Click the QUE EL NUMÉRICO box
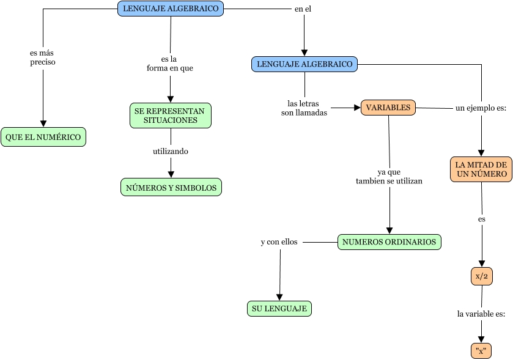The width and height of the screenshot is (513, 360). [x=43, y=138]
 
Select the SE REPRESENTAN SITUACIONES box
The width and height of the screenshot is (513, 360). [x=170, y=116]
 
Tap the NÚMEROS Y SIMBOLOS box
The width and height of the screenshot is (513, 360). [x=171, y=188]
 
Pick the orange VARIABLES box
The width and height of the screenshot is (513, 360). [x=388, y=108]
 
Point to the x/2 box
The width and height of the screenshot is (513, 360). [x=482, y=276]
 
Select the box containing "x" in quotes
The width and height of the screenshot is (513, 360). [x=481, y=351]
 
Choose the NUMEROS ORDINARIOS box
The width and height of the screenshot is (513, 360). [x=389, y=242]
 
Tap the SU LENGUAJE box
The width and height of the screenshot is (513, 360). [x=279, y=309]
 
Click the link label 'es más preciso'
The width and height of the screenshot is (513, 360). [x=42, y=57]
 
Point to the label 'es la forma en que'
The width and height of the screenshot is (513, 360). [x=170, y=64]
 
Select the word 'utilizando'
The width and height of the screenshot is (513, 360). [x=171, y=151]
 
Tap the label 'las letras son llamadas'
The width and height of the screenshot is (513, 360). [x=304, y=108]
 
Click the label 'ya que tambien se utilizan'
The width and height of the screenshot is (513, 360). [x=389, y=177]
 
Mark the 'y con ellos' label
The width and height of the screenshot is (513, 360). [x=279, y=242]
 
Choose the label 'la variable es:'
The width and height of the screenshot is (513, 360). [x=481, y=314]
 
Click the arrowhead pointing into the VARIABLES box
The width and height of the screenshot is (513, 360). [x=358, y=108]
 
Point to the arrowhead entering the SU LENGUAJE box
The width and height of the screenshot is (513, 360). [x=279, y=296]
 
